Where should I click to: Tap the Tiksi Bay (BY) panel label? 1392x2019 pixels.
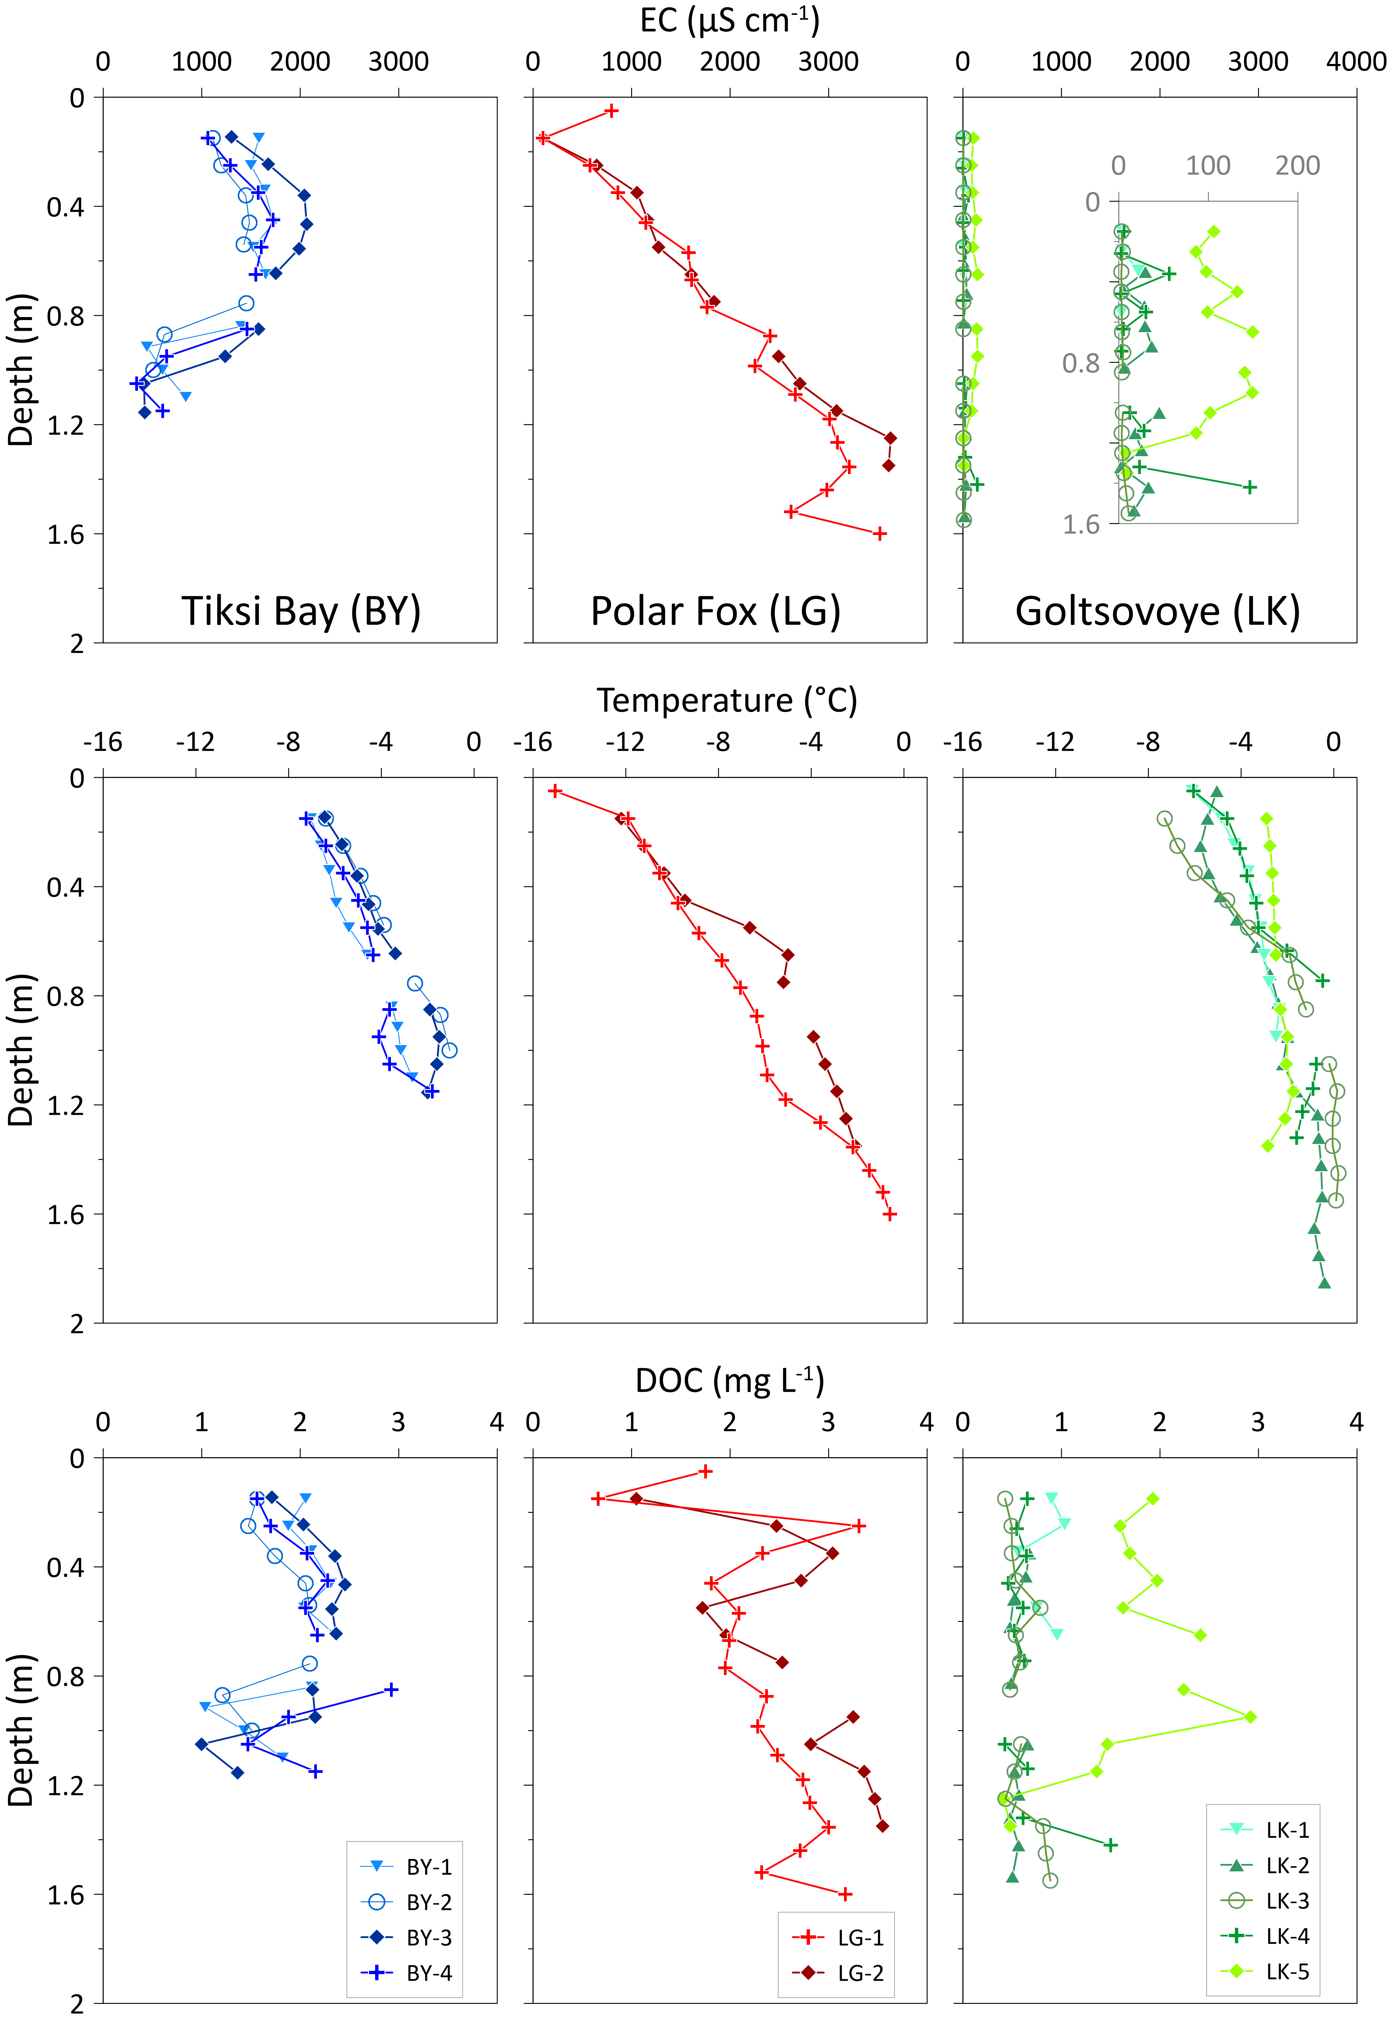[301, 611]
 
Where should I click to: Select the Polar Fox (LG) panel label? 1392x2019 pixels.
[715, 611]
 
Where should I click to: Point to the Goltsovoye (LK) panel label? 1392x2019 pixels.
[1157, 611]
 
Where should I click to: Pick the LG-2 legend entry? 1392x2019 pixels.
[837, 1973]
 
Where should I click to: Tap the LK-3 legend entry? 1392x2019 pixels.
[1265, 1900]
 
